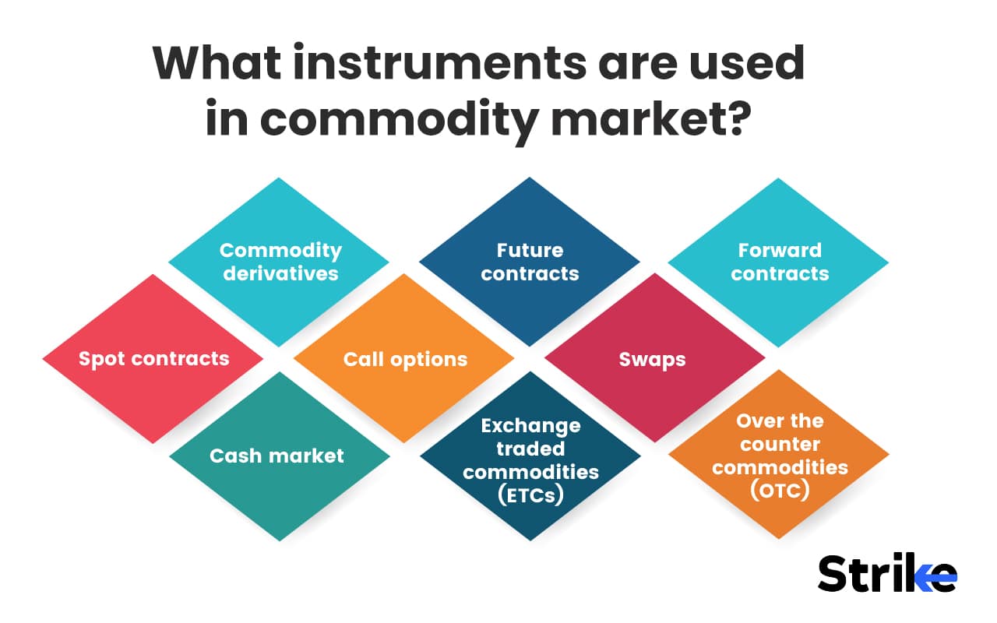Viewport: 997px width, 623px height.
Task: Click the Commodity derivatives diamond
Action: pyautogui.click(x=279, y=262)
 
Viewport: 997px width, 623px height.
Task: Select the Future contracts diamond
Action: pyautogui.click(x=530, y=262)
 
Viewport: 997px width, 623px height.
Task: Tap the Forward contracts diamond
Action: pyautogui.click(x=779, y=262)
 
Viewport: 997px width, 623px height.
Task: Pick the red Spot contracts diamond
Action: pyautogui.click(x=153, y=359)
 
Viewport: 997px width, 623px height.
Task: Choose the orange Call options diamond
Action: pyautogui.click(x=405, y=359)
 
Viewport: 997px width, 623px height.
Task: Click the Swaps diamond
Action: pyautogui.click(x=653, y=359)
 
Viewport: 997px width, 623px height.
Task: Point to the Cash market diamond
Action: pyautogui.click(x=277, y=456)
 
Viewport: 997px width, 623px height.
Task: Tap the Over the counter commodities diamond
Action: pyautogui.click(x=780, y=456)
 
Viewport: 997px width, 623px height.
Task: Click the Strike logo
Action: pyautogui.click(x=886, y=574)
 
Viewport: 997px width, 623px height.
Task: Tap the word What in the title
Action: pyautogui.click(x=210, y=64)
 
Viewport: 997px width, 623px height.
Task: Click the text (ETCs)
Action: pyautogui.click(x=530, y=495)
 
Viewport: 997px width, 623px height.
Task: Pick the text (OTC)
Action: pyautogui.click(x=780, y=491)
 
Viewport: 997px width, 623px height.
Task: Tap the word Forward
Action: pyautogui.click(x=780, y=250)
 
